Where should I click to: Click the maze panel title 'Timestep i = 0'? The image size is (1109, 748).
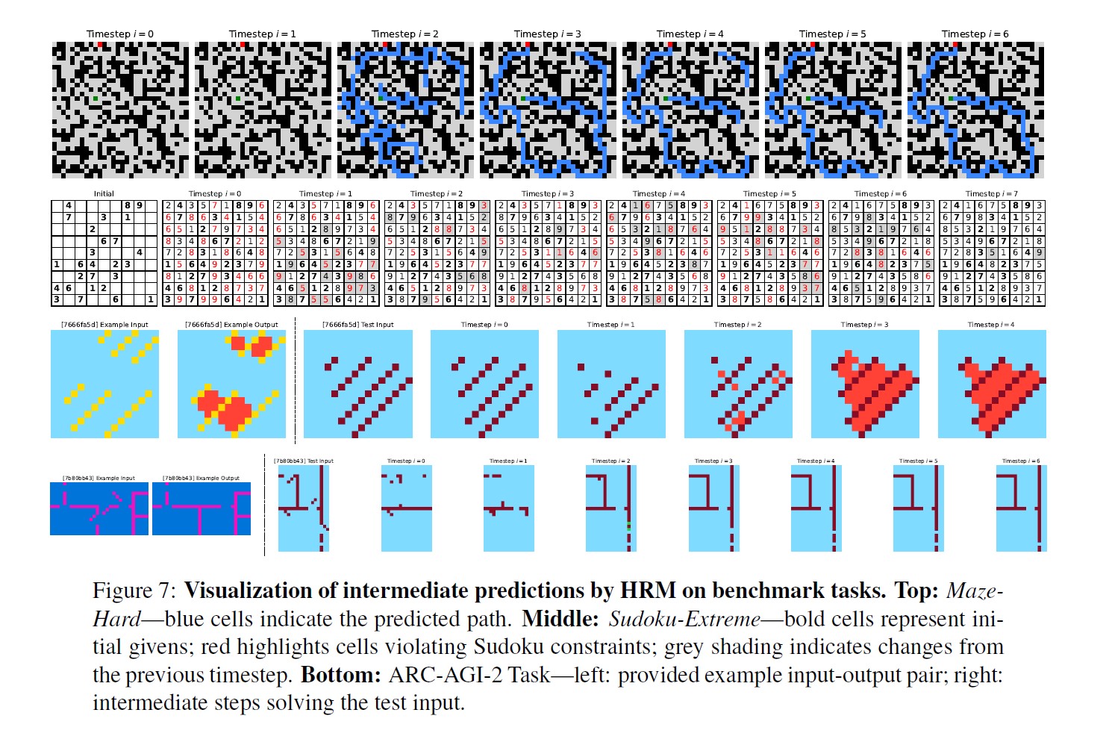coord(119,34)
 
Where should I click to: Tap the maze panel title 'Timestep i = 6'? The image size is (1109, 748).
coord(975,34)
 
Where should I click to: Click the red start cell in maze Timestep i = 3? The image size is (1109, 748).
coord(527,46)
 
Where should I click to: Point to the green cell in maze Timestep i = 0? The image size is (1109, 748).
coord(96,99)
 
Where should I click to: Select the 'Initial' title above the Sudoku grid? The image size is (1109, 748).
coord(104,193)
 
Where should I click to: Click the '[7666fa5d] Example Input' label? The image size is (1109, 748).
coord(104,325)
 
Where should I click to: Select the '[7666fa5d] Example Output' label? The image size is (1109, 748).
coord(231,325)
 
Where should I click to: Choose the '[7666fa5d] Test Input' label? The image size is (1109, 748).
coord(357,325)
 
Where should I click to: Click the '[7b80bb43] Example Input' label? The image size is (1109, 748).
coord(99,478)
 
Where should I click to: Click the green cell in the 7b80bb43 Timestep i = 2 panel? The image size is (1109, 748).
coord(628,526)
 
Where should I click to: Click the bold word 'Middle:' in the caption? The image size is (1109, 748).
coord(560,619)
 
